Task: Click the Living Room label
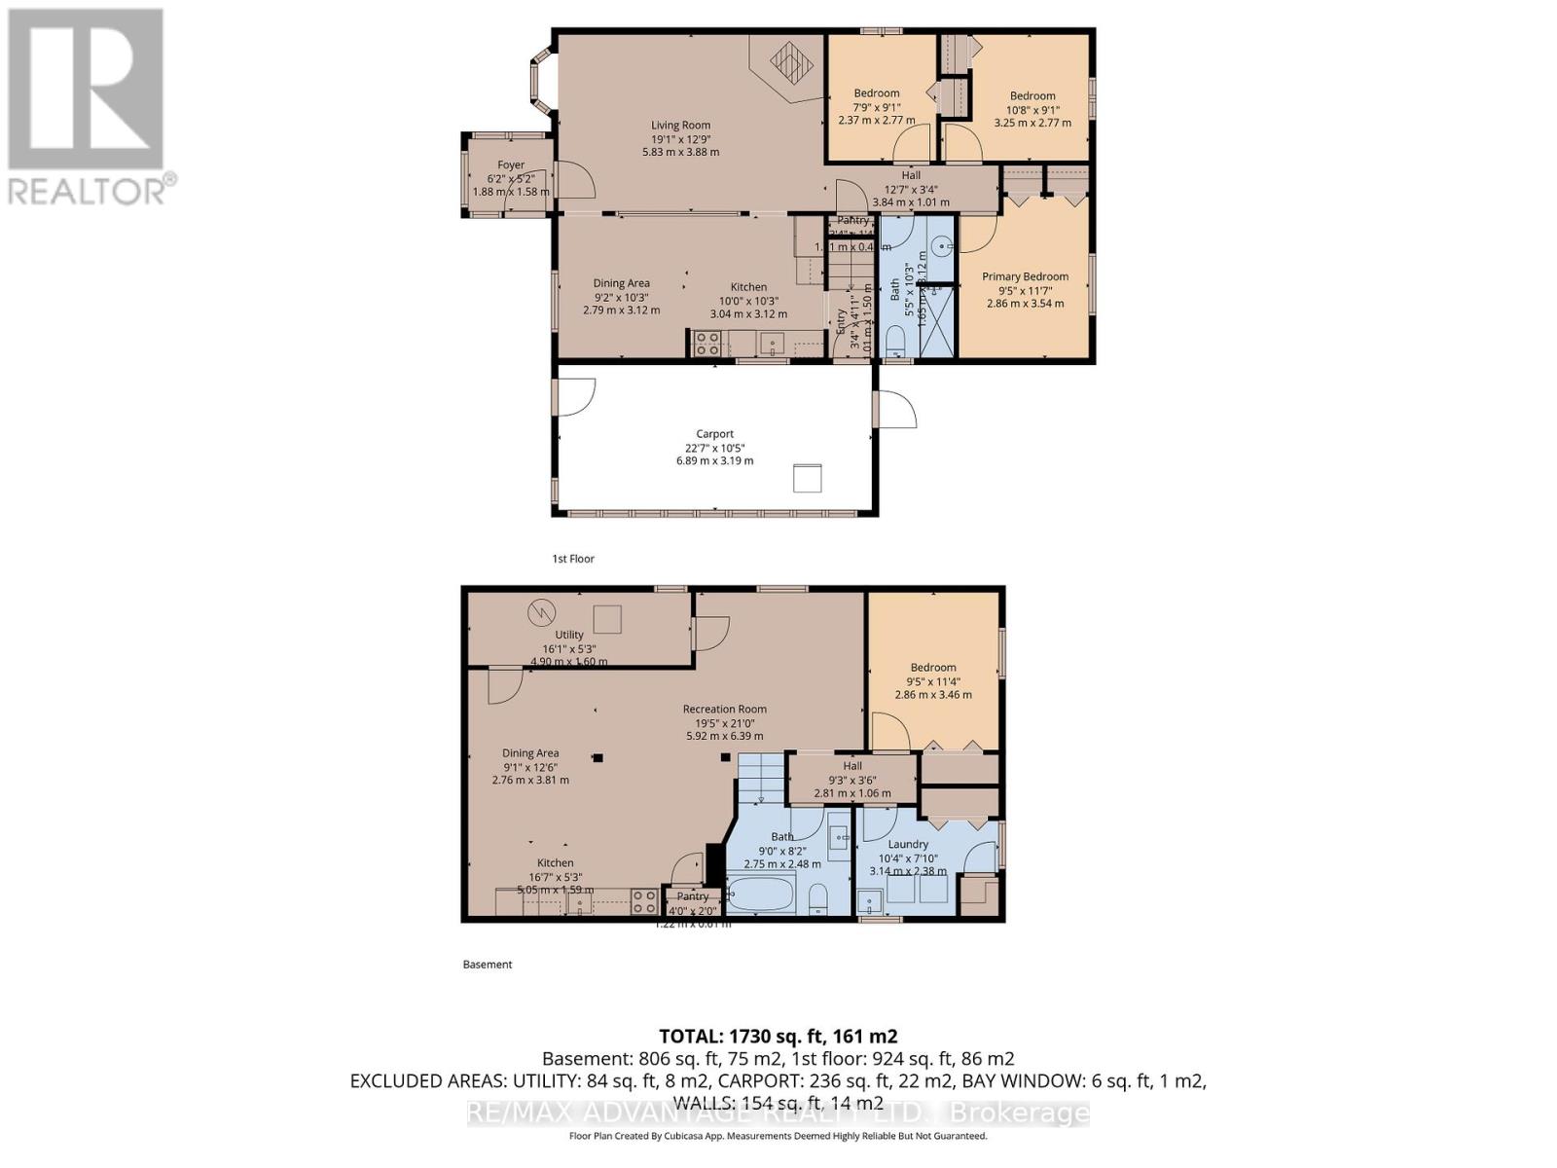point(680,126)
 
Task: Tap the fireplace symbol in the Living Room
point(791,63)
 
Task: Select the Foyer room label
point(511,165)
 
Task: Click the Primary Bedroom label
point(1025,276)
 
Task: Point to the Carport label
point(714,434)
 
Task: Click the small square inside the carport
point(808,479)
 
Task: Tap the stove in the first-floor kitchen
point(706,343)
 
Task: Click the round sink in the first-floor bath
point(941,247)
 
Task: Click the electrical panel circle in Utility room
point(538,612)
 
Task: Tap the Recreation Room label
point(724,709)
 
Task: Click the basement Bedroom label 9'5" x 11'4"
point(932,668)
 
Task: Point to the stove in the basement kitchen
point(643,901)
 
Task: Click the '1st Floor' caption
point(572,559)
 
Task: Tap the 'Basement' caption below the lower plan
point(487,965)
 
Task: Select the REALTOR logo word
point(88,190)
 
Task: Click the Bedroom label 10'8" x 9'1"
point(1032,95)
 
